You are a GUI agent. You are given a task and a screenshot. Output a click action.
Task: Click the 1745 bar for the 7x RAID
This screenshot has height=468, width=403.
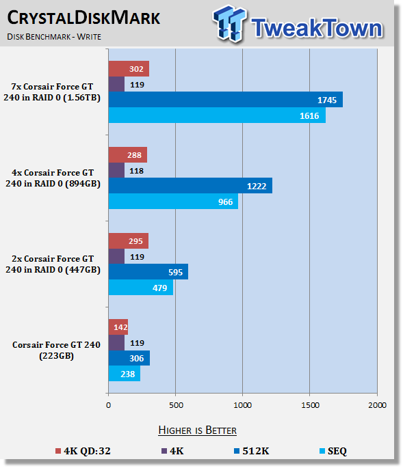coord(226,99)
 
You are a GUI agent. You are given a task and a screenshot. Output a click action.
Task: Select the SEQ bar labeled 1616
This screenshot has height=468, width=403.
coord(217,115)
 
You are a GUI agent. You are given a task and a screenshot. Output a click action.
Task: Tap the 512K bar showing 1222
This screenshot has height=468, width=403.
coord(190,186)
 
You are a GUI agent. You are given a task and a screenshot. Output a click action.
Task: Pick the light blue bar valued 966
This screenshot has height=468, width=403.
coord(173,201)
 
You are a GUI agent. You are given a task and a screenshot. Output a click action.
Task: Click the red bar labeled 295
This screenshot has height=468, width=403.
coord(129,241)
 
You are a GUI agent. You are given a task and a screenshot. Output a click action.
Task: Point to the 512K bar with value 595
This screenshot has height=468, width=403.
coord(148,272)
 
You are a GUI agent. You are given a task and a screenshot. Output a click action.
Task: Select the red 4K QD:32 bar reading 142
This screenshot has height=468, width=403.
coord(118,327)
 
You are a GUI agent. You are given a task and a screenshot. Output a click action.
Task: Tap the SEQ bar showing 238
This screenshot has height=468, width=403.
coord(125,374)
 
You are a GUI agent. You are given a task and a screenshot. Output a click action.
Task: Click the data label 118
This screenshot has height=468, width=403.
coord(137,171)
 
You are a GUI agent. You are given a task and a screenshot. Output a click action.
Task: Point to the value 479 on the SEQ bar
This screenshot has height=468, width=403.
coord(160,288)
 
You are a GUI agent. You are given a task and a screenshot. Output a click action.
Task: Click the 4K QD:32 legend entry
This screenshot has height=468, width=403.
coord(83,451)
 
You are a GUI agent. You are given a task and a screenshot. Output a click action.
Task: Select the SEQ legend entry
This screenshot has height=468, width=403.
coord(333,451)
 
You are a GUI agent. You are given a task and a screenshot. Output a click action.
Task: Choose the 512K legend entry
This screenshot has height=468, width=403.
coord(251,451)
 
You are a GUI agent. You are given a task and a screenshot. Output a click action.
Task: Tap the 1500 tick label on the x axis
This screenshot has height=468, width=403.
coord(310,405)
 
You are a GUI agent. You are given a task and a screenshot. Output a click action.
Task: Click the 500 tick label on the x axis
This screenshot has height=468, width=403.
coord(176,405)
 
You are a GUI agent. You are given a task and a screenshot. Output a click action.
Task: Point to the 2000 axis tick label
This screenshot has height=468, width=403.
coord(377,405)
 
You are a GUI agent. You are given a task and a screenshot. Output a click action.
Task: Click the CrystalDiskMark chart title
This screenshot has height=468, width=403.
coord(83,18)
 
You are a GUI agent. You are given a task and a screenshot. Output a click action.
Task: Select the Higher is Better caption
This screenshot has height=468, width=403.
coord(197,430)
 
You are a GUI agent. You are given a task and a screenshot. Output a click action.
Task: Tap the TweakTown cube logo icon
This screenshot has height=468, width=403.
coord(230,23)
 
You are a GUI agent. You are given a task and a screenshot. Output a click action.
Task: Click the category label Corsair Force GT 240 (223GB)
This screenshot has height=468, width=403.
coord(56,350)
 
